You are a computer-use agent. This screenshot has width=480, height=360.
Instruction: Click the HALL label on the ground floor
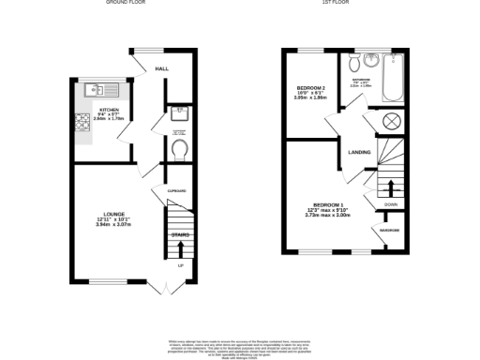pyautogui.click(x=160, y=68)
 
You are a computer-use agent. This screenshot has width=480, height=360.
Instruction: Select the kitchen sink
pyautogui.click(x=96, y=91)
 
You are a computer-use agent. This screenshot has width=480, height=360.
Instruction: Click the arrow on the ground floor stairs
pyautogui.click(x=179, y=248)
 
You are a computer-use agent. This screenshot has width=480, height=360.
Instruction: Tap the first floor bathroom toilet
pyautogui.click(x=353, y=65)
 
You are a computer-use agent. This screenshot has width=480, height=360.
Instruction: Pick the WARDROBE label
pyautogui.click(x=391, y=230)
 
